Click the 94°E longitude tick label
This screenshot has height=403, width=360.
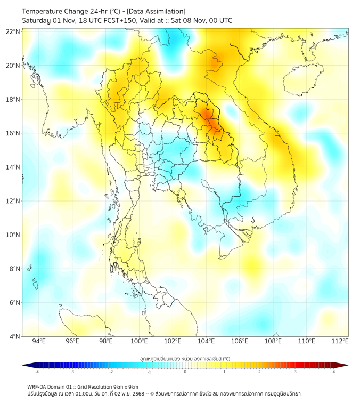point(39,341)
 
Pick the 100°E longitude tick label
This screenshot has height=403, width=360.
point(139,341)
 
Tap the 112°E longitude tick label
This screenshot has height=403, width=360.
point(340,341)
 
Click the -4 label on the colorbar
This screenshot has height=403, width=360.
point(37,372)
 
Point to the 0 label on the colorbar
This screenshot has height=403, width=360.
point(185,372)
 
